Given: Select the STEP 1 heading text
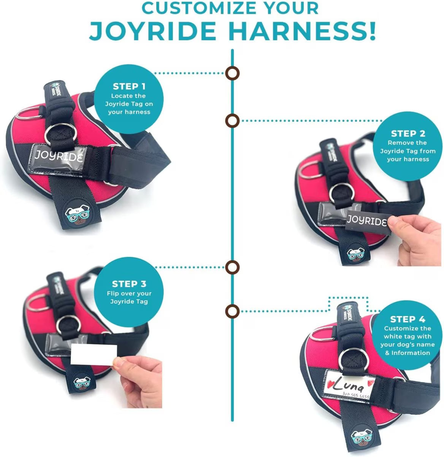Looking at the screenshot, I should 129,86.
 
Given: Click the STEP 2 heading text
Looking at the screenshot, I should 408,134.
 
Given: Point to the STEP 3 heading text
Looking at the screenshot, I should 129,284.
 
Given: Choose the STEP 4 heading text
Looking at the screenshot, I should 408,319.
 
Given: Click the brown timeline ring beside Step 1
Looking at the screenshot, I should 232,73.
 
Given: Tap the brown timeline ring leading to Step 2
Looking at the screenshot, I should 232,121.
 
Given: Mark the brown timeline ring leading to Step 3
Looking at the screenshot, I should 232,267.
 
